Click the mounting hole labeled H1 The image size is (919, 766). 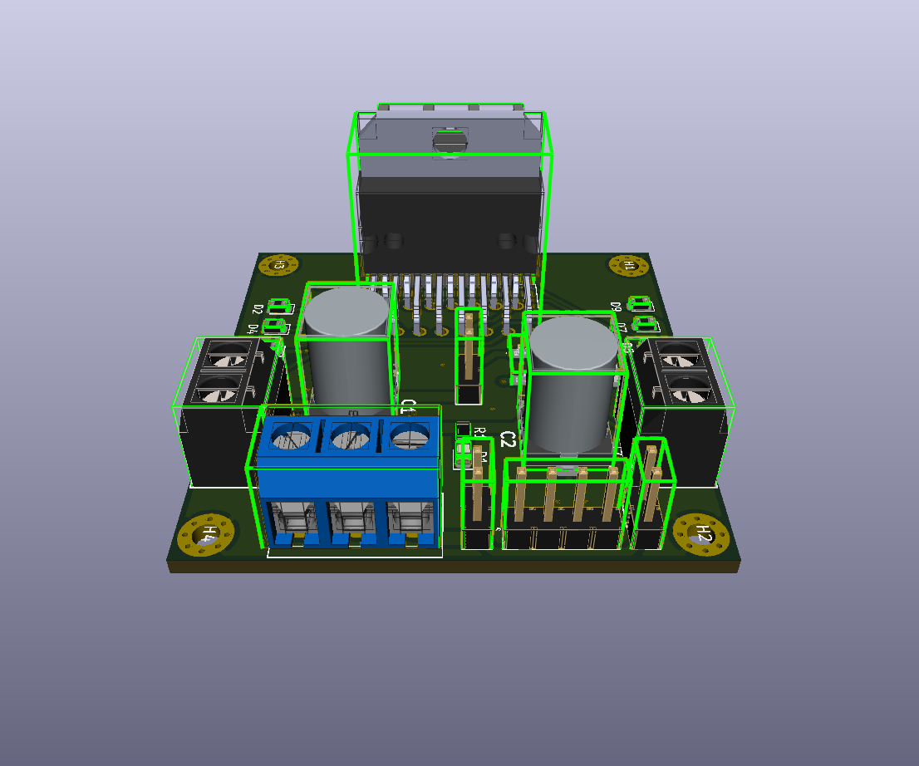click(628, 265)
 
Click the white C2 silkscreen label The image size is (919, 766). click(509, 439)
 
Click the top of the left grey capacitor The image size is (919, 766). click(345, 310)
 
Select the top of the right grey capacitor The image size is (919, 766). click(573, 343)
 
